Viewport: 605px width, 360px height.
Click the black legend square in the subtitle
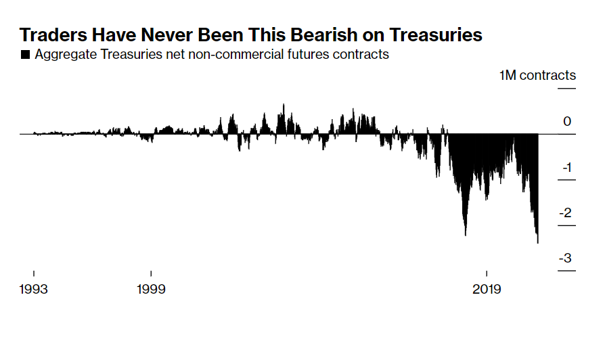point(25,55)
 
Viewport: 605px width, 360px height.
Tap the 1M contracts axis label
point(537,75)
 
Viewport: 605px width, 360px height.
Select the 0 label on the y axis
point(567,122)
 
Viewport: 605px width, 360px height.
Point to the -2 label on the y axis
point(565,213)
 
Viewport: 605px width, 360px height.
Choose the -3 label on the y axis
point(565,258)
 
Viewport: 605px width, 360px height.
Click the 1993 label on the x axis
point(34,289)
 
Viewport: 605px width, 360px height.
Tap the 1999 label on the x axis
point(151,289)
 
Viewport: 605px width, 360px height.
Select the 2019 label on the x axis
point(487,289)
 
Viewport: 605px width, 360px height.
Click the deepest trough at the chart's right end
point(537,242)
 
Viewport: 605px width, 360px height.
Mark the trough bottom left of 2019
point(466,234)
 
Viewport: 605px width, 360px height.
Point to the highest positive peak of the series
point(283,105)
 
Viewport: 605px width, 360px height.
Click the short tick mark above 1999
point(151,274)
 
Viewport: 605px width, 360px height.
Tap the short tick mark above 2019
point(487,274)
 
